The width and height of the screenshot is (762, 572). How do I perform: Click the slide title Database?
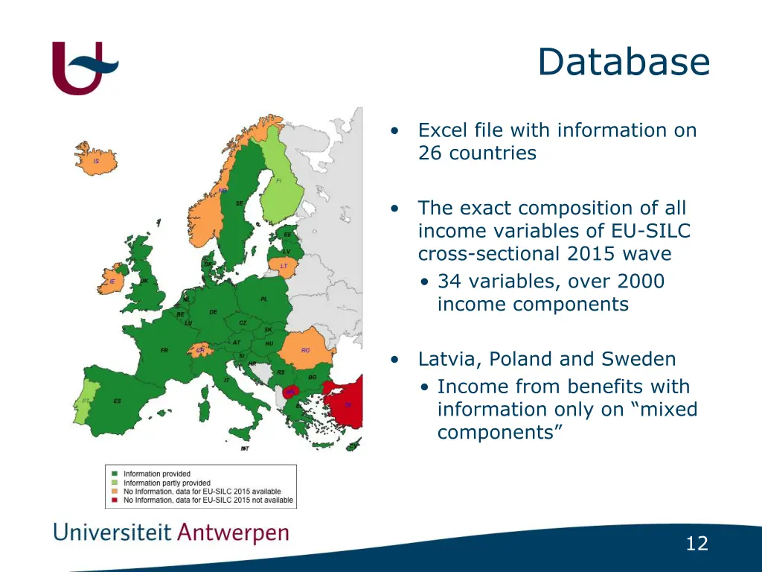[624, 62]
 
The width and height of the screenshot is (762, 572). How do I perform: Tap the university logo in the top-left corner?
[84, 68]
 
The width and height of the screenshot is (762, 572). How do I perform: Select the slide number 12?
[697, 544]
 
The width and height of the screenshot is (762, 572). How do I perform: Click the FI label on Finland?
[278, 181]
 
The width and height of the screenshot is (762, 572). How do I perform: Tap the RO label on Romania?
[305, 350]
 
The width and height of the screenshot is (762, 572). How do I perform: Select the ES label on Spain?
[118, 401]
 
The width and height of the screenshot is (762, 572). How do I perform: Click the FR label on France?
[164, 350]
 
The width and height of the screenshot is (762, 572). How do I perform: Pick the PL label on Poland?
[264, 299]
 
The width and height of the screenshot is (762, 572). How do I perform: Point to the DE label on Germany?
[214, 312]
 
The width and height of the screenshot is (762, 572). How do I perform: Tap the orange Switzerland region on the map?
[199, 350]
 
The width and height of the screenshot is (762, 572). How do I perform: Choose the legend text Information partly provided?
[167, 483]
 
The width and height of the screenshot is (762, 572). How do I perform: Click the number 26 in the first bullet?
[431, 153]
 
